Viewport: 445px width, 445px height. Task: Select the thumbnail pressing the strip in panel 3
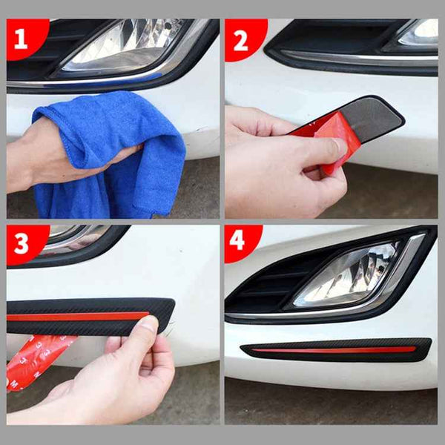click(148, 324)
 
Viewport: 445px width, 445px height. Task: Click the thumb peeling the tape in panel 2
click(326, 152)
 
